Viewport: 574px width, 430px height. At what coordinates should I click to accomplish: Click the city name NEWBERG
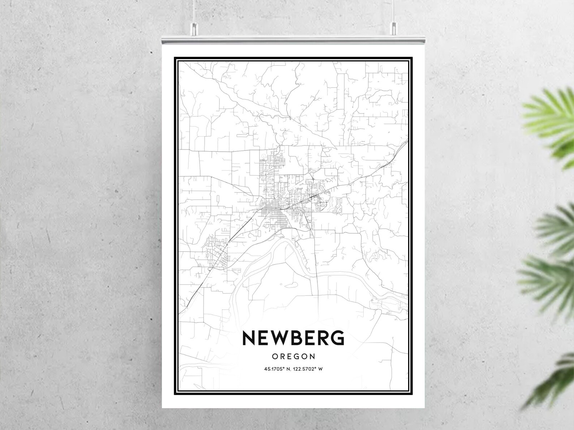click(x=293, y=338)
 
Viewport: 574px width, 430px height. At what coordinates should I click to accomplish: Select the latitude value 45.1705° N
click(x=277, y=369)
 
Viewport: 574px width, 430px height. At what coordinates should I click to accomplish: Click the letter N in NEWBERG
click(x=249, y=338)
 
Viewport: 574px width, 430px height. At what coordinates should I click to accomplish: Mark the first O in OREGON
click(x=274, y=357)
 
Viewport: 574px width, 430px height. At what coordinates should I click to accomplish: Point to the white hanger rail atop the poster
click(x=293, y=40)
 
